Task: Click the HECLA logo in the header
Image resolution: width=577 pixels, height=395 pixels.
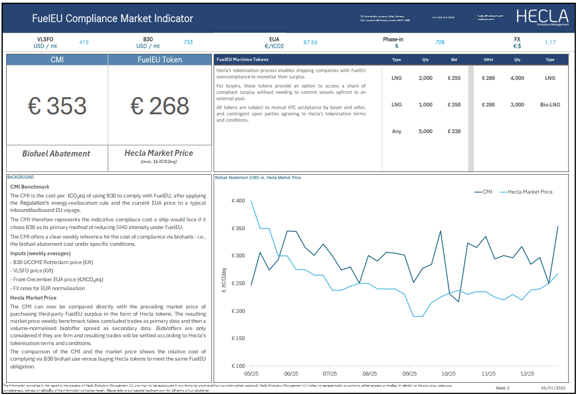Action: point(541,17)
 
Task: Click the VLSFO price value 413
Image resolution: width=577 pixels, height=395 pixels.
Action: point(84,42)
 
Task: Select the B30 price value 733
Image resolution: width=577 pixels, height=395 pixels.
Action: point(188,42)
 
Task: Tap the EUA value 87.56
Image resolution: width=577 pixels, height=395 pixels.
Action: point(310,42)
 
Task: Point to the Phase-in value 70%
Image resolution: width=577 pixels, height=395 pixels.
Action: point(440,42)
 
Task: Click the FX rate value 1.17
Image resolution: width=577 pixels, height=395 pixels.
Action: point(550,42)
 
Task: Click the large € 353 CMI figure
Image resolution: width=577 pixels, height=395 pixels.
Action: point(57,106)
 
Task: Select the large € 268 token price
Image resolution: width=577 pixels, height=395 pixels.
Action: point(160,106)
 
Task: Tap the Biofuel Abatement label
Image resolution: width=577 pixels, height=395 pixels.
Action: point(57,154)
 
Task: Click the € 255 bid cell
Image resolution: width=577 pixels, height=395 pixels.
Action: point(454,78)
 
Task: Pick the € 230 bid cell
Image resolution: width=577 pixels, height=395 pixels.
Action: point(454,131)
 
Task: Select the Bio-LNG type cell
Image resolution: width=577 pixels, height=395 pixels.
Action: point(550,105)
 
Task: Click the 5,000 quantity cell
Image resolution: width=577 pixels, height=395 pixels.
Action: point(426,131)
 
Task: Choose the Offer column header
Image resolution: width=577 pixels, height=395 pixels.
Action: point(488,59)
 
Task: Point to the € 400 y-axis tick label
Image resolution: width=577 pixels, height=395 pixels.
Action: point(237,201)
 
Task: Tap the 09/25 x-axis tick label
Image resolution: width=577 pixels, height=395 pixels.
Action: point(409,374)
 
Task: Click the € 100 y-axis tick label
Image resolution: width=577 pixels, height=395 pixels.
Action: point(237,366)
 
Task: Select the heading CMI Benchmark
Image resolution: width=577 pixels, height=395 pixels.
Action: point(30,187)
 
